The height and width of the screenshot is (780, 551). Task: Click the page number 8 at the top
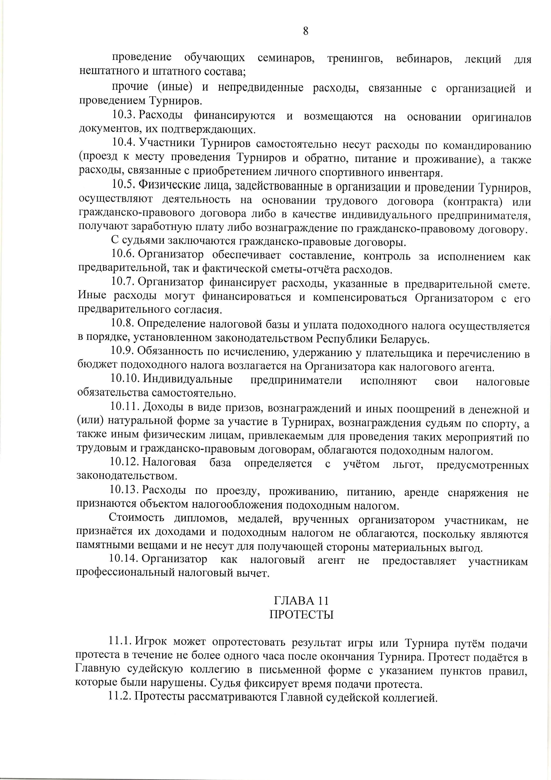[x=305, y=31]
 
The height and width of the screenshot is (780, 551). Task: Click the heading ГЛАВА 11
[x=301, y=601]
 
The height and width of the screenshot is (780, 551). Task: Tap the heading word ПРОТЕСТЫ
[x=301, y=615]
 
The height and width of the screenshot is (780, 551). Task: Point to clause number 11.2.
[x=120, y=697]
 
